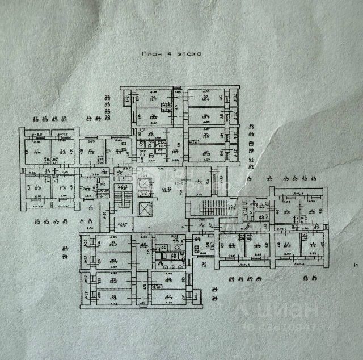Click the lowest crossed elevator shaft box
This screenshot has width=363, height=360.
[146, 208]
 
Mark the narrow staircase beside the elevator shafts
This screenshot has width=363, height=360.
[120, 199]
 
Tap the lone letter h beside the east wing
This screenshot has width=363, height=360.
[356, 265]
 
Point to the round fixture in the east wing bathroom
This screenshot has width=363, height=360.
[251, 210]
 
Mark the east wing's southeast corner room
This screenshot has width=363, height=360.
[313, 248]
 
